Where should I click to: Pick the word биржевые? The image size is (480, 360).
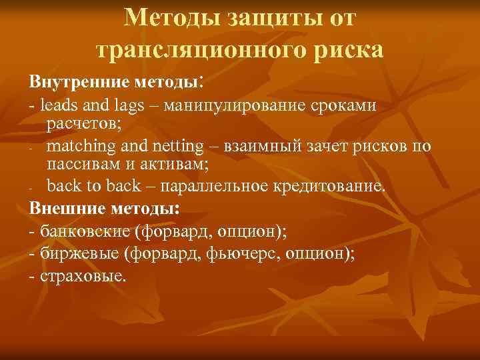coord(79,253)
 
